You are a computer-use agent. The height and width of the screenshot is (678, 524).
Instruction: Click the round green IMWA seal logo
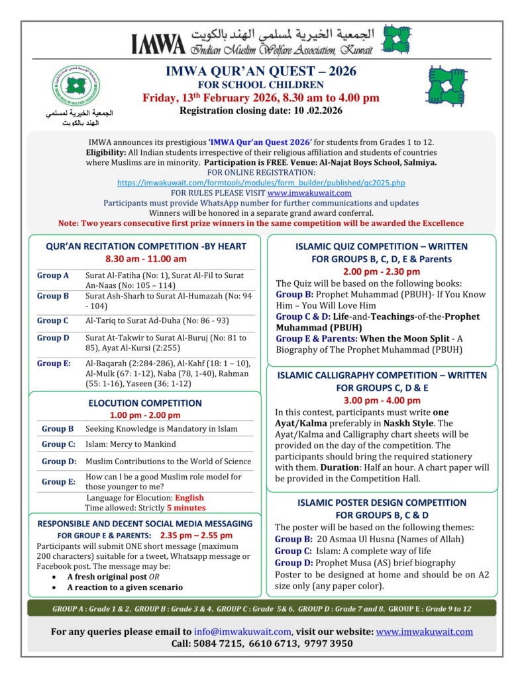tap(77, 85)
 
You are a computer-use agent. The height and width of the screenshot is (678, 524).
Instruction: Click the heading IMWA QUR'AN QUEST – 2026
tap(261, 72)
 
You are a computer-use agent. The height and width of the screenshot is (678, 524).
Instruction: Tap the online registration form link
tap(261, 182)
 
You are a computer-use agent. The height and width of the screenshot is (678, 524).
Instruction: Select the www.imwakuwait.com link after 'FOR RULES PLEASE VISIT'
tap(309, 193)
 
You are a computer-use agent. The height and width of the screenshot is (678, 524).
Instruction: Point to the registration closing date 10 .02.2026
tap(317, 111)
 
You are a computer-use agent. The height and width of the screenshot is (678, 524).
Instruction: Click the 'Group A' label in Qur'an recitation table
tap(53, 275)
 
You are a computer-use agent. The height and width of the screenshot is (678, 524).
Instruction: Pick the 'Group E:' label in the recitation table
tap(54, 363)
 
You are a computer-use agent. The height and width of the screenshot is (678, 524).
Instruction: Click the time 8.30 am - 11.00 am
tap(146, 258)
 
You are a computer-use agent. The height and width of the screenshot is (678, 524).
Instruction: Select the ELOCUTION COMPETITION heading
tap(145, 403)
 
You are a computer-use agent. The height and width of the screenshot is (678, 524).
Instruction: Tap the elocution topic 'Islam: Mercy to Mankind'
tap(131, 444)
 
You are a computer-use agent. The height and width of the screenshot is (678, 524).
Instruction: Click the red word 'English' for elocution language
tap(189, 498)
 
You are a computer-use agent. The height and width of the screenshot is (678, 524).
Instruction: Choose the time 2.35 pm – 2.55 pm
tap(197, 535)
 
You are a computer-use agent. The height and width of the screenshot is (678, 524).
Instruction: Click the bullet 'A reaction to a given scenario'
tap(125, 587)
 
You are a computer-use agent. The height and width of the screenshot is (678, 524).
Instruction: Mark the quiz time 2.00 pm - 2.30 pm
tap(381, 271)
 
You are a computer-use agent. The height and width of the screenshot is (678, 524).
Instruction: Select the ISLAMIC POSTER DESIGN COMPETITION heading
tap(382, 503)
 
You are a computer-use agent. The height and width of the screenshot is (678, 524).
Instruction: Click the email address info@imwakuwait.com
tap(243, 631)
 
